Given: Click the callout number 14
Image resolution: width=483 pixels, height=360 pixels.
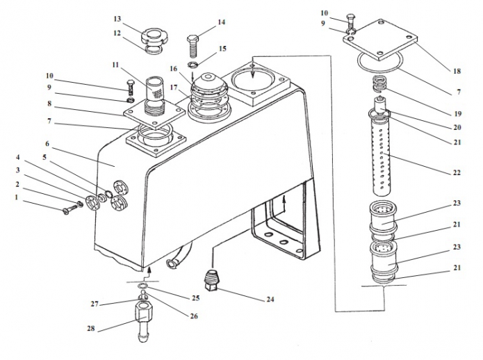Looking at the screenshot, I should [x=221, y=22].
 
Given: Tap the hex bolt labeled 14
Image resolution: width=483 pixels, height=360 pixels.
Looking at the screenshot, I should [x=194, y=44].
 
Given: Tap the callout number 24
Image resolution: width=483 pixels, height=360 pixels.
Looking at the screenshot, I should [x=270, y=300].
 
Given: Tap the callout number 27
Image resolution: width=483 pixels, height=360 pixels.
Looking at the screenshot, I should [x=94, y=304].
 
